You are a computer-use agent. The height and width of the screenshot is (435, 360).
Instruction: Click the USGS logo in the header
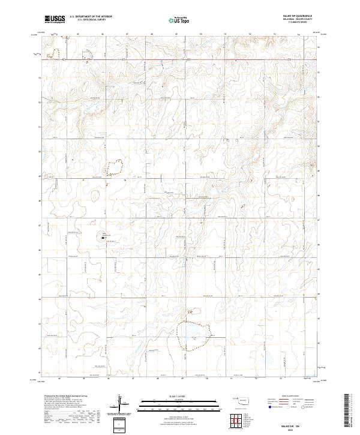tap(55, 19)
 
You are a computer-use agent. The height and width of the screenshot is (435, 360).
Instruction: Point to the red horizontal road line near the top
tap(180, 60)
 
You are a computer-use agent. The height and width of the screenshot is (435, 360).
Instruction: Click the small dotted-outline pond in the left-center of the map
tap(114, 166)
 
